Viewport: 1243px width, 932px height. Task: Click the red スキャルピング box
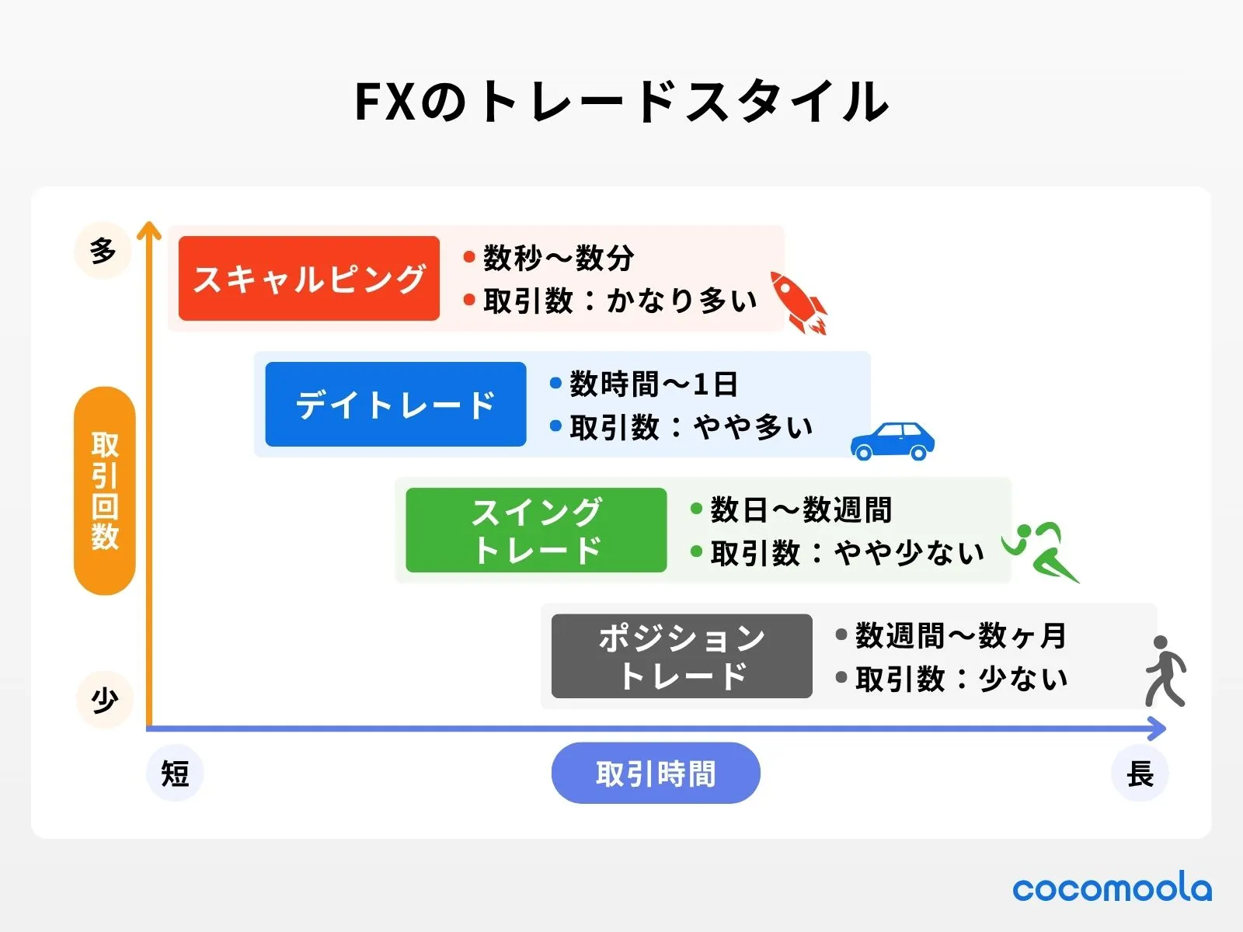(308, 278)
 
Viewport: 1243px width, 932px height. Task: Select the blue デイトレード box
(395, 404)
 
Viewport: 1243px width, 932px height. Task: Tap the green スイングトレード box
(536, 530)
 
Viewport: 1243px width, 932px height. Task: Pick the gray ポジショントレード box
(681, 656)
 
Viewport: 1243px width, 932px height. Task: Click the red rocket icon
(798, 302)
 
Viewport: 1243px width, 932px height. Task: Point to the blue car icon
(892, 441)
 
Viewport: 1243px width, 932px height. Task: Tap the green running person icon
(1039, 551)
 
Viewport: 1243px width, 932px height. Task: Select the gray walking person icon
(1165, 671)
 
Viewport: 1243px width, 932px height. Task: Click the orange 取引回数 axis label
(105, 491)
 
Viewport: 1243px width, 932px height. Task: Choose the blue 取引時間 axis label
(656, 774)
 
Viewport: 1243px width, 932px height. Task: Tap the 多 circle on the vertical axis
(103, 251)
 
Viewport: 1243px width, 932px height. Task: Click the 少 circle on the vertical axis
(105, 700)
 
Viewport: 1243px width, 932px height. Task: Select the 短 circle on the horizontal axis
(175, 774)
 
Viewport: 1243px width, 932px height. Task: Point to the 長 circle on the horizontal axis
(1140, 774)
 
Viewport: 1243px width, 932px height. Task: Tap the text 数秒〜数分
(559, 258)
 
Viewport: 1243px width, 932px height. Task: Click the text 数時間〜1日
(653, 384)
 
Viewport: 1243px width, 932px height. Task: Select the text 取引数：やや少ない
(847, 553)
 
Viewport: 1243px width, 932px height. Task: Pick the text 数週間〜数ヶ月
(961, 636)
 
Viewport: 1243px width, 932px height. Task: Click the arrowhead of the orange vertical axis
(148, 230)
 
